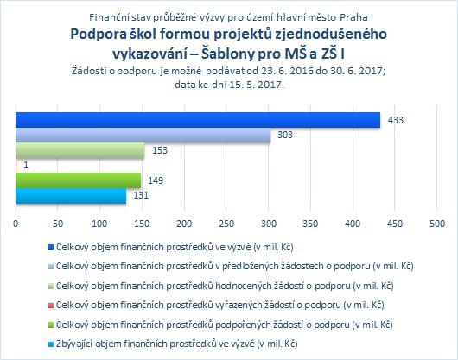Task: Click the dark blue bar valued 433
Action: coord(198,120)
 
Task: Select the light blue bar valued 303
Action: coord(143,135)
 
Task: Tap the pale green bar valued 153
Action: coord(80,150)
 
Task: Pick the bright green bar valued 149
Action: coord(79,180)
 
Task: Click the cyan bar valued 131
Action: coord(71,195)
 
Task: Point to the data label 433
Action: coord(396,120)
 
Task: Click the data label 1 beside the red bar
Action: coord(26,165)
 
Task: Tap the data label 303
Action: coord(285,135)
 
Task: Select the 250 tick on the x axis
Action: coord(226,224)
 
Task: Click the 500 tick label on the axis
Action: coord(437,224)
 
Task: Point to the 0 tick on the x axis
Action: coord(16,224)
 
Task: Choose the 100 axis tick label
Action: coord(99,224)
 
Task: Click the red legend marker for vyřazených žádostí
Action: coord(51,306)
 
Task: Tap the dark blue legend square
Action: coord(51,248)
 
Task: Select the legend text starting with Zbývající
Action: coord(176,344)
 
